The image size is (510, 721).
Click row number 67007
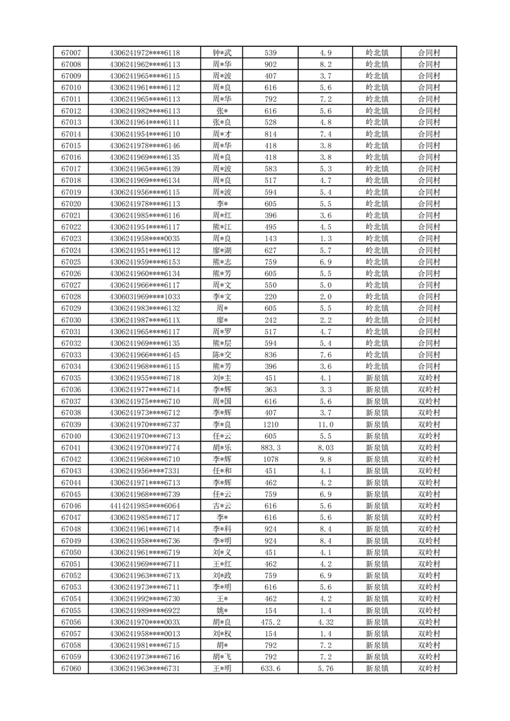coord(71,53)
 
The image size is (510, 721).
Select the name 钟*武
coord(222,53)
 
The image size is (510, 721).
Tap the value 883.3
coord(271,448)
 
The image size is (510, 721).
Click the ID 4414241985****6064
coord(145,506)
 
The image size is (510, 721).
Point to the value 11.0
coord(325,425)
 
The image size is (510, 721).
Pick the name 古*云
coord(222,506)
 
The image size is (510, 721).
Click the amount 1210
coord(271,425)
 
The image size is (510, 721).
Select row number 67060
coord(71,669)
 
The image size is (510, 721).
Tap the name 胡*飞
coord(222,657)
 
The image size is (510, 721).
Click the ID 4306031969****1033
coord(145,297)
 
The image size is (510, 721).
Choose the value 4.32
coord(325,622)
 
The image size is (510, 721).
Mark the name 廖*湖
coord(222,251)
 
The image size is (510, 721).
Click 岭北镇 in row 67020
coord(377,204)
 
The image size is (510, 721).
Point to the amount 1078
coord(271,459)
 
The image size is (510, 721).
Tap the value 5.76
coord(325,669)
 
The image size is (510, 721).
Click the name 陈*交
coord(222,355)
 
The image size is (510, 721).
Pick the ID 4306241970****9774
coord(145,448)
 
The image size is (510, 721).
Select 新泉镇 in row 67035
coord(377,378)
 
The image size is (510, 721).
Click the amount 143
coord(271,238)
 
